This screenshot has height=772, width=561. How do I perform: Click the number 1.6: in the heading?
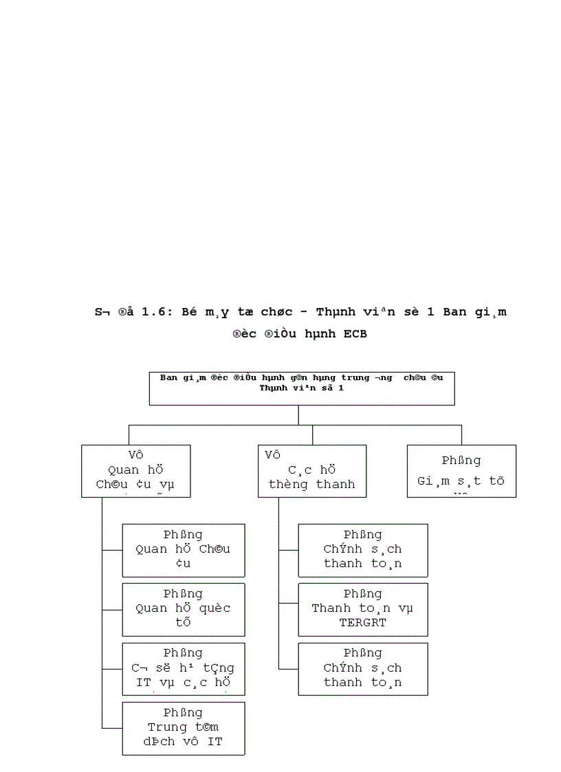point(157,311)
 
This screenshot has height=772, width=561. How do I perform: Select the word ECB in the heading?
point(353,335)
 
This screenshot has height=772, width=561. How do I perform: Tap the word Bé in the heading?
point(189,311)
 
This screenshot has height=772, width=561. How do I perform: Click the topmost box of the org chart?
point(301,388)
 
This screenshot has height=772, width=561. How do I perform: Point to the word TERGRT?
point(362,623)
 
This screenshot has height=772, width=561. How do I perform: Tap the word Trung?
point(167,727)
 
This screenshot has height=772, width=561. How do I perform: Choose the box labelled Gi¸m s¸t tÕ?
point(461,471)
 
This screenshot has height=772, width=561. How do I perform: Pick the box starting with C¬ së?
point(183,668)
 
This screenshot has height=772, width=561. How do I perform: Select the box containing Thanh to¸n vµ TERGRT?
point(362,609)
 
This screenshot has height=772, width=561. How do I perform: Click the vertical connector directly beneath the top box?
point(298,415)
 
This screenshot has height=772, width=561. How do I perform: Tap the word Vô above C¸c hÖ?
point(273,455)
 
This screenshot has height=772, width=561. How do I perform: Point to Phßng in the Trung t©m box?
point(183,713)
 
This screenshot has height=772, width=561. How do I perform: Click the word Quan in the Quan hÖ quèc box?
point(151,608)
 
